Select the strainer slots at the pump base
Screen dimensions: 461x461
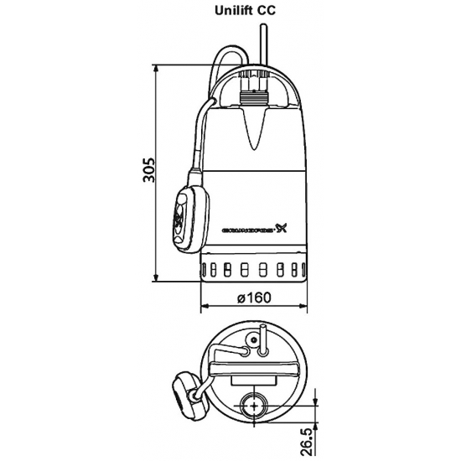click(251, 270)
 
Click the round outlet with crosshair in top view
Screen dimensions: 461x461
click(250, 406)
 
